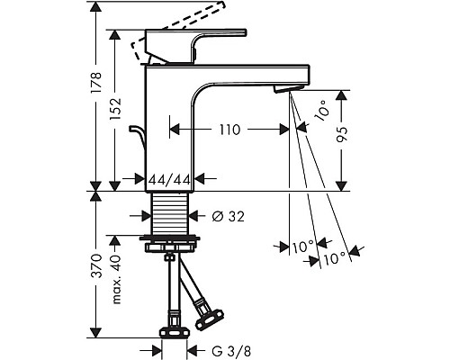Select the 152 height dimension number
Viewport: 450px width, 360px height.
pos(115,109)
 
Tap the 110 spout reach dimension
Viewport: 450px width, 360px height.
pos(229,130)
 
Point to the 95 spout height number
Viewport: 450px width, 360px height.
pos(342,134)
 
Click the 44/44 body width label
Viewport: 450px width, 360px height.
pos(170,180)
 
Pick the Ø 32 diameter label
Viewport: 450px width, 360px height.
pos(228,216)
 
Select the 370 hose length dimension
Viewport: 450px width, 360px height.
pos(97,265)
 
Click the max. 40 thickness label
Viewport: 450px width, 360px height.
pos(115,279)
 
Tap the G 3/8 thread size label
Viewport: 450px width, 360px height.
pos(231,350)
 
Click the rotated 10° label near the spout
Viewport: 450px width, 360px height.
pos(321,111)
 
